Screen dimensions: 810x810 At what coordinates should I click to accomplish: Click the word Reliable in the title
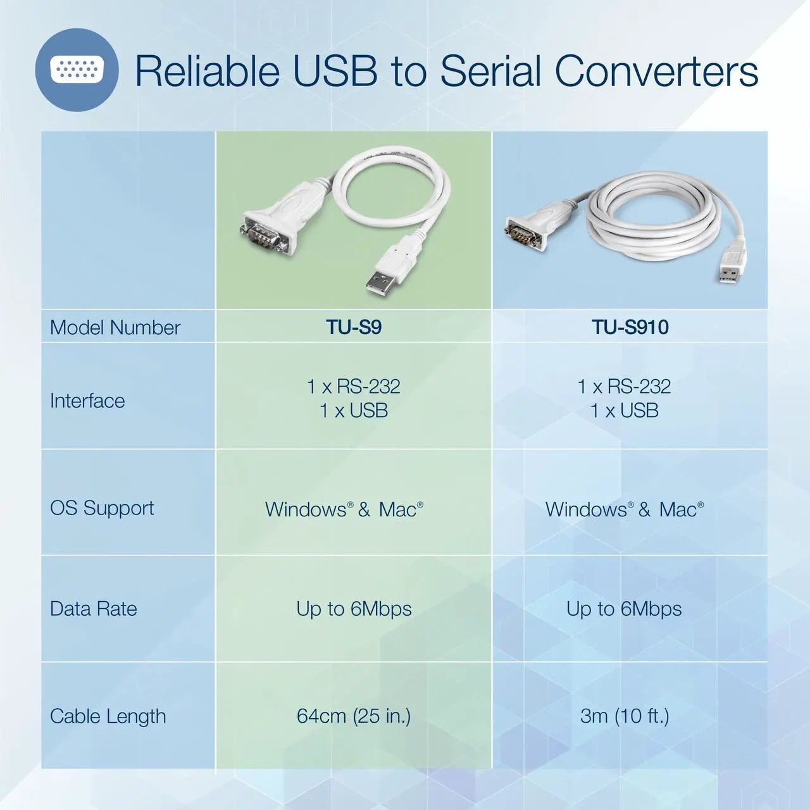208,71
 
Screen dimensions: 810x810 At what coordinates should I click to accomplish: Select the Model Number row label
115,327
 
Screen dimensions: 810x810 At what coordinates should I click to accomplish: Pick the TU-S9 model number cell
354,327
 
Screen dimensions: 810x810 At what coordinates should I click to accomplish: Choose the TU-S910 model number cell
630,327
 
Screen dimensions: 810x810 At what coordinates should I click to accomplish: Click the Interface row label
87,401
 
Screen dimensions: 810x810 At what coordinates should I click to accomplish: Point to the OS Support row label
102,508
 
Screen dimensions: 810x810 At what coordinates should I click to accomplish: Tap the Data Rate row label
93,609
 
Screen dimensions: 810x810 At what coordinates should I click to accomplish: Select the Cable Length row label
108,716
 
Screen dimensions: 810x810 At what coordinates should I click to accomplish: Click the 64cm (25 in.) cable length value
354,716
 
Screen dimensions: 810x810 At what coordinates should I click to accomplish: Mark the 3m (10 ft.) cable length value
624,716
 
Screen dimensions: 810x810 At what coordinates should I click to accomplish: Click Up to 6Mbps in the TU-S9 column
354,609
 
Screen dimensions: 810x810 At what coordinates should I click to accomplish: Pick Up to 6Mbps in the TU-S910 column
624,609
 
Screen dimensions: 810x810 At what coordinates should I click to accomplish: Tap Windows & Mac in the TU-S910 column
624,509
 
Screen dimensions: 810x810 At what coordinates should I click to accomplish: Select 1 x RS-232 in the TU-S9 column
354,386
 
